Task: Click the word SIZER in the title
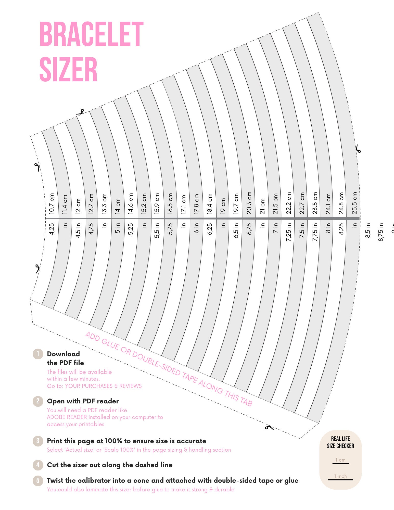[68, 69]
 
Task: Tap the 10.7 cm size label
[52, 203]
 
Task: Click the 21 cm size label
[262, 206]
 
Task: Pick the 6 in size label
[196, 228]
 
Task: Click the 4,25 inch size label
[52, 229]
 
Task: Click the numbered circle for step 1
[38, 354]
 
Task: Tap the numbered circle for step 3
[38, 441]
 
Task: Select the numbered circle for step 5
[38, 480]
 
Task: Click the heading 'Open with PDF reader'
[83, 401]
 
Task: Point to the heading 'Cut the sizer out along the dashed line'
[110, 465]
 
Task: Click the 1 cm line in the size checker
[340, 463]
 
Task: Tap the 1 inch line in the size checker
[340, 480]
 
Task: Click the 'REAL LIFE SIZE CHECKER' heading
[340, 442]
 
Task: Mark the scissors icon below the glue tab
[269, 427]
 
